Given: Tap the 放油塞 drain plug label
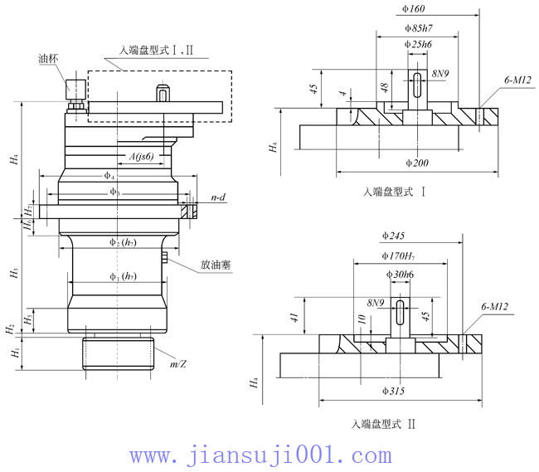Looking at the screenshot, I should (215, 266).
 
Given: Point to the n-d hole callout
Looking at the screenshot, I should (220, 198).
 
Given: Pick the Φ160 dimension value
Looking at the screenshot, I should (413, 9).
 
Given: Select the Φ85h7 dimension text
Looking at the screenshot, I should (415, 27).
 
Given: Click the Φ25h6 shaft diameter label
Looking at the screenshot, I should (418, 44).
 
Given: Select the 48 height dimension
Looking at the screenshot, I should (384, 87).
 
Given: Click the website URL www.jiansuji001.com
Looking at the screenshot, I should (261, 455).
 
